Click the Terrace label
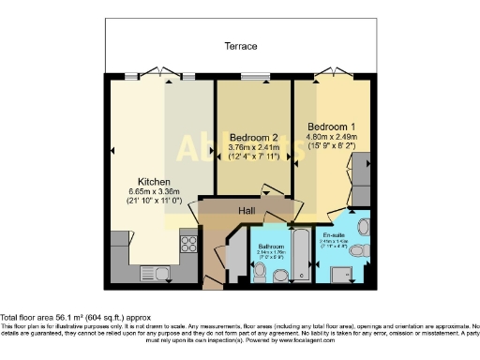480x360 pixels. coord(240,46)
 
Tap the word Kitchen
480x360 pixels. coord(153,182)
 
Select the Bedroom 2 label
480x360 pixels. coord(254,137)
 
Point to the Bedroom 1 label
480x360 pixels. coord(331,127)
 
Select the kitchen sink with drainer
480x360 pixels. coord(156,273)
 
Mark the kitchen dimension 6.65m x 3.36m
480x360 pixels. coord(153,197)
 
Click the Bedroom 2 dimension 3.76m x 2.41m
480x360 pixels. coord(254,151)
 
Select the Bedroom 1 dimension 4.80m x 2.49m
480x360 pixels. coord(331,142)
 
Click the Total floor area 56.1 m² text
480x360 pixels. coord(75,317)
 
